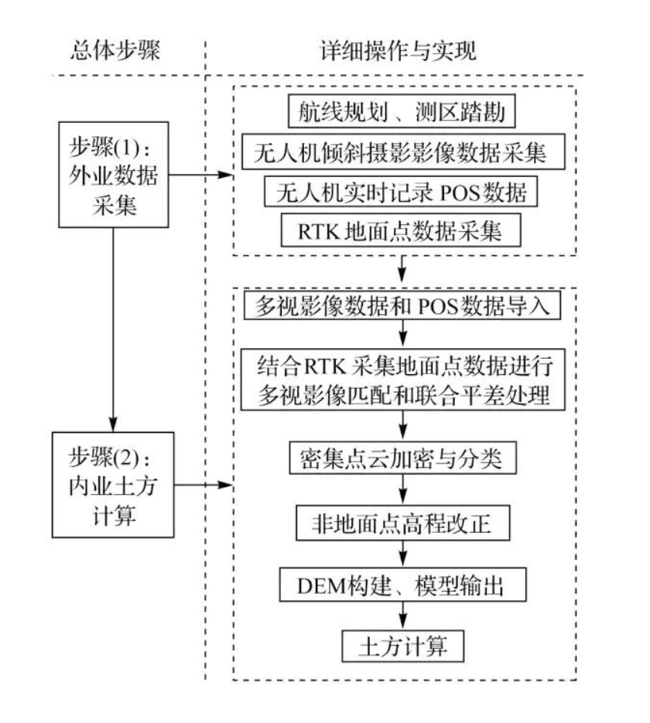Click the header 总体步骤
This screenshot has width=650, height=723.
click(113, 50)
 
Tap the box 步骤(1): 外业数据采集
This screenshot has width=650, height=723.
click(113, 176)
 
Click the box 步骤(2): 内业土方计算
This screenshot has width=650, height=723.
click(113, 485)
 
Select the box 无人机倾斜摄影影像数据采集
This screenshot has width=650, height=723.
click(402, 152)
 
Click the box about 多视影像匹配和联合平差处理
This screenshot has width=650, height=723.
click(402, 379)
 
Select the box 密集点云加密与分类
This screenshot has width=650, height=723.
click(402, 461)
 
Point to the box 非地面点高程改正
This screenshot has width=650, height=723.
click(402, 525)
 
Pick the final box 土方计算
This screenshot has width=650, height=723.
click(402, 644)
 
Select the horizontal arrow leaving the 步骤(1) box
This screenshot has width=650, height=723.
click(201, 175)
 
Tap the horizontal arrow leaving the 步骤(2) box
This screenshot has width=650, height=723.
click(201, 485)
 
